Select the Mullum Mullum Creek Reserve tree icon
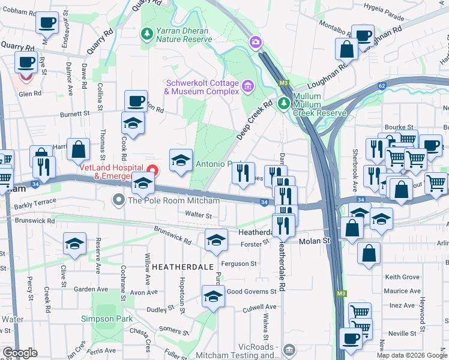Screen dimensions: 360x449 [283, 103]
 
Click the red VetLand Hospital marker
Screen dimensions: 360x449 [153, 171]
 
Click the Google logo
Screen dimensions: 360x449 [20, 352]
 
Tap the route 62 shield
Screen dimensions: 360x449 [381, 86]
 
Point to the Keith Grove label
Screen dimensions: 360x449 [402, 277]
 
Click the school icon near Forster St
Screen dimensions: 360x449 [216, 241]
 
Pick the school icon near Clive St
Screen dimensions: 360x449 [74, 244]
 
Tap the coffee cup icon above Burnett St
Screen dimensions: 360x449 [136, 100]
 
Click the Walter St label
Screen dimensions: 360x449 [199, 215]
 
